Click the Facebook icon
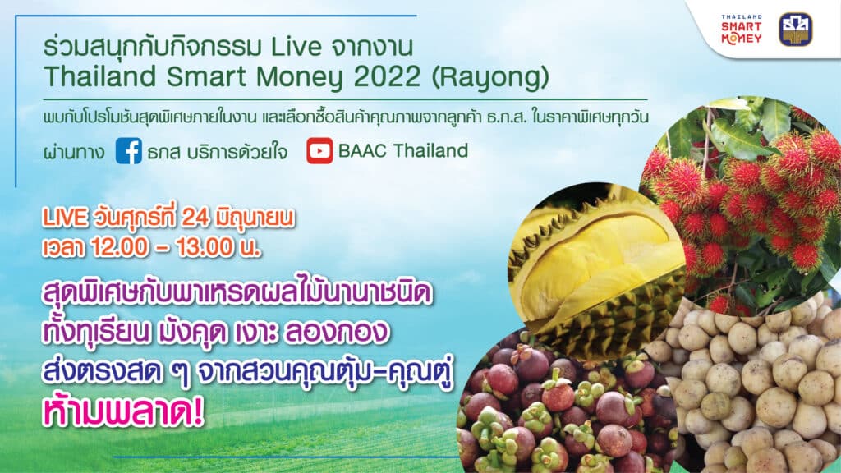click(129, 151)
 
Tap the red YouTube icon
click(319, 151)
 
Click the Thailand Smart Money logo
click(741, 30)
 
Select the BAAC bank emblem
click(795, 30)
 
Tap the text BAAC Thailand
click(402, 151)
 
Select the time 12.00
click(119, 247)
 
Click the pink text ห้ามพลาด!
click(124, 412)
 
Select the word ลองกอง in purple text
click(335, 332)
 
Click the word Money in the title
click(301, 78)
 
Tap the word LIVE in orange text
click(64, 218)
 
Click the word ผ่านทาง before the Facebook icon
click(74, 152)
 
